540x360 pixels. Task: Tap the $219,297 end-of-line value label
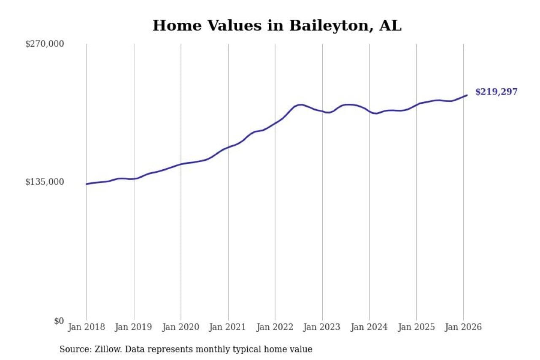pyautogui.click(x=496, y=92)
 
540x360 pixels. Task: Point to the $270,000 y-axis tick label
pyautogui.click(x=45, y=44)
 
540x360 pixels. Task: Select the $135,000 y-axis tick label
pyautogui.click(x=45, y=182)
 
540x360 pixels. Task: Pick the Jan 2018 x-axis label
pyautogui.click(x=86, y=327)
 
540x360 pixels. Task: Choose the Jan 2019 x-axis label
pyautogui.click(x=134, y=327)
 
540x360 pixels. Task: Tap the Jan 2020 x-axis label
pyautogui.click(x=181, y=327)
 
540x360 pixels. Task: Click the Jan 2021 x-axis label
pyautogui.click(x=228, y=327)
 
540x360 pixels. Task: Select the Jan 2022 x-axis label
pyautogui.click(x=275, y=327)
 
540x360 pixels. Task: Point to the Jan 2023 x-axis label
pyautogui.click(x=322, y=327)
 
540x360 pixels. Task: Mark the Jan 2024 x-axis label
pyautogui.click(x=369, y=327)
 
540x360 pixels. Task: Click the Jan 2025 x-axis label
pyautogui.click(x=416, y=327)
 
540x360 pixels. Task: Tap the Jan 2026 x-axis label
pyautogui.click(x=463, y=327)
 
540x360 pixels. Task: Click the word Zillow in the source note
pyautogui.click(x=105, y=349)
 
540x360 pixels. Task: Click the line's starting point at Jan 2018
pyautogui.click(x=86, y=184)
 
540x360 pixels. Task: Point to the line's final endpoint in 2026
pyautogui.click(x=467, y=95)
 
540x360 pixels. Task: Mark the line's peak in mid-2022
pyautogui.click(x=300, y=105)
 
